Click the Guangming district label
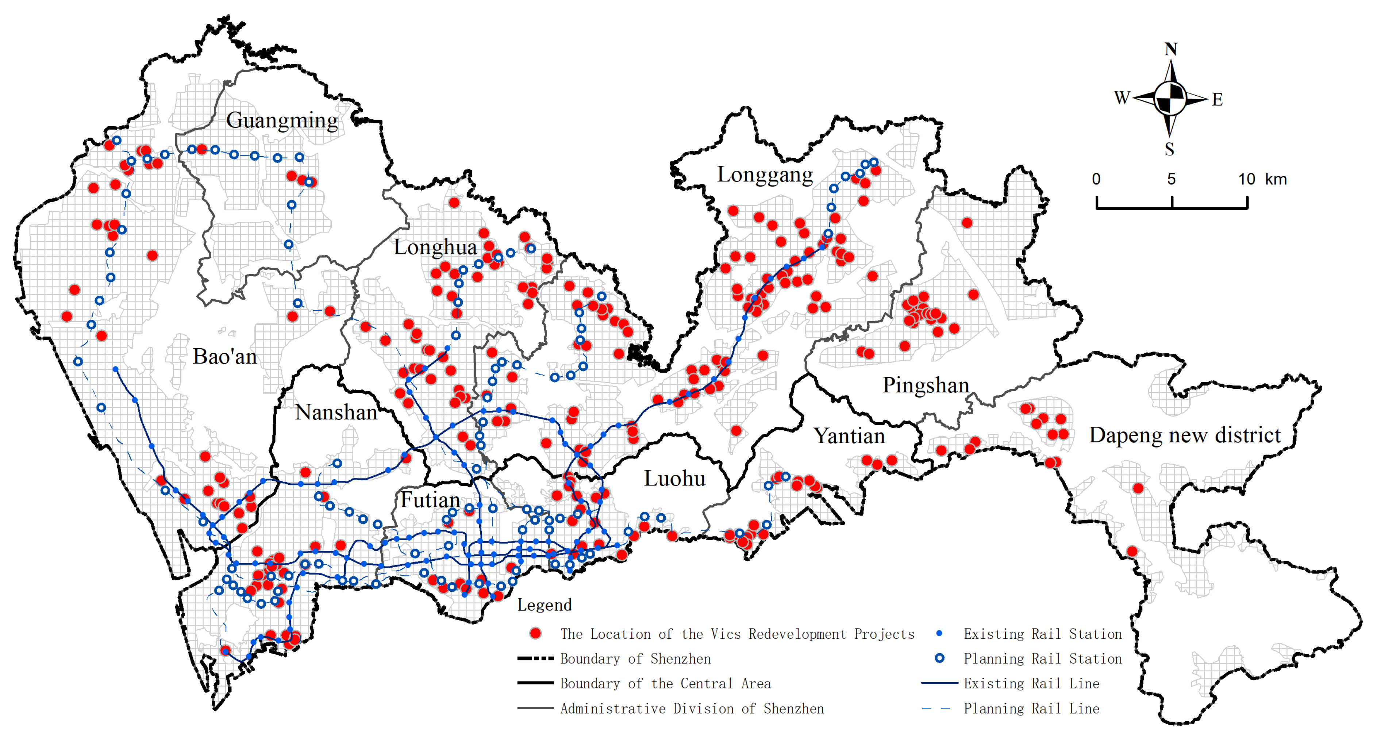(x=282, y=120)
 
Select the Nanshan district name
(x=336, y=412)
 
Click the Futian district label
(x=430, y=500)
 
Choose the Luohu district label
(x=674, y=478)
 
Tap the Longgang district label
(x=765, y=175)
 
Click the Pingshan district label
(x=926, y=385)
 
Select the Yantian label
(x=849, y=436)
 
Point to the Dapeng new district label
(x=1185, y=435)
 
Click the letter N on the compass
(x=1171, y=49)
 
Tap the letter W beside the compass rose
(x=1122, y=97)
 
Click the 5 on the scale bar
(x=1172, y=179)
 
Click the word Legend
(x=544, y=605)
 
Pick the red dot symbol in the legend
(x=535, y=633)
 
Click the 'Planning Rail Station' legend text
(x=1042, y=659)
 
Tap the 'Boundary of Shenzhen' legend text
(x=635, y=659)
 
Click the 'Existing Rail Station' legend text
(x=1042, y=634)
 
